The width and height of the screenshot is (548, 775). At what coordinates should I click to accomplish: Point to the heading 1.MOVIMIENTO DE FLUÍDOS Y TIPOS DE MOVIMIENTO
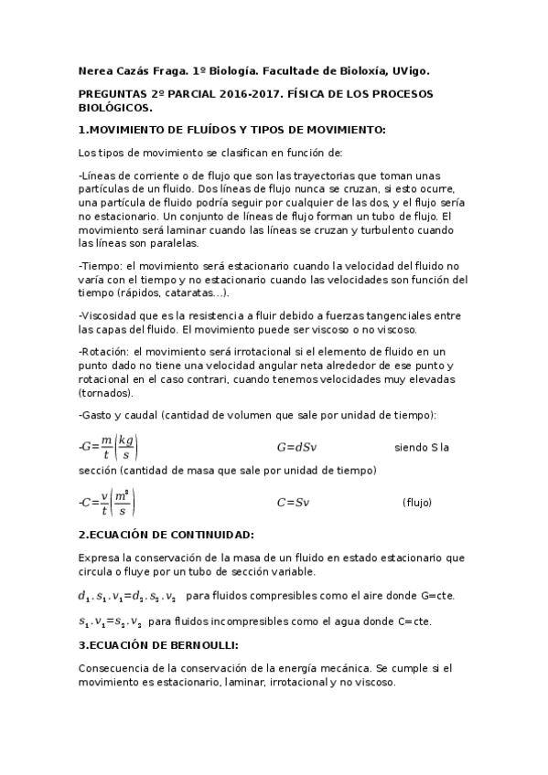point(232,129)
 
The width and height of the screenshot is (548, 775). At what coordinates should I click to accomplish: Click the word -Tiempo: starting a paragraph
point(102,265)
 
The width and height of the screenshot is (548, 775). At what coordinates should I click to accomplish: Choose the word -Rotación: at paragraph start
point(105,351)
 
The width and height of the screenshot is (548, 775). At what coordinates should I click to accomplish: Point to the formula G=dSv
point(296,448)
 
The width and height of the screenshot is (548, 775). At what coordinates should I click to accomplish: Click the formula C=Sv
point(293,503)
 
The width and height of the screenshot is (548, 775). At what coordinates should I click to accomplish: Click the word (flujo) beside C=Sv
point(417,503)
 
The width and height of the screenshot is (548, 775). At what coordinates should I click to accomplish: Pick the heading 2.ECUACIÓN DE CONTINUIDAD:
point(167,534)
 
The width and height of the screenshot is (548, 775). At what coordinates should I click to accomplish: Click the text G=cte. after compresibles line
point(437,596)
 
